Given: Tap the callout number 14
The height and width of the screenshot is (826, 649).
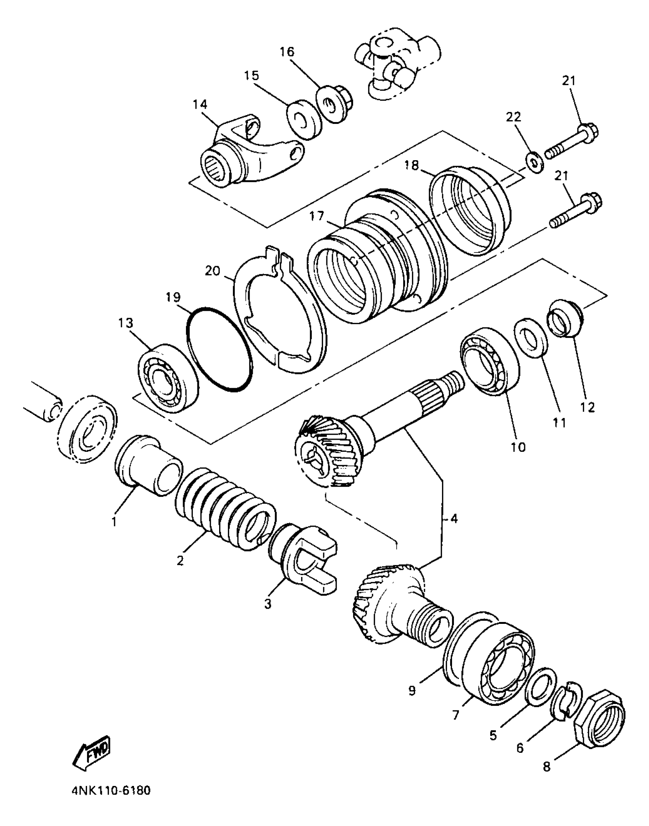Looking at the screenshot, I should tap(200, 104).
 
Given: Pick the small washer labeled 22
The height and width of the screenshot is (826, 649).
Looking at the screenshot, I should tap(534, 162).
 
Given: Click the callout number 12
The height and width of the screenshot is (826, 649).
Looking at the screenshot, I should tap(588, 407).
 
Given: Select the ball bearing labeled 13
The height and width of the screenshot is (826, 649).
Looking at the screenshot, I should tap(168, 378).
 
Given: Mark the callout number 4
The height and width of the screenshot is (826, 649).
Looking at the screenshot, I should tap(454, 519).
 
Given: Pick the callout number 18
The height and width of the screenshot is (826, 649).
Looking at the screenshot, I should tap(412, 165).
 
